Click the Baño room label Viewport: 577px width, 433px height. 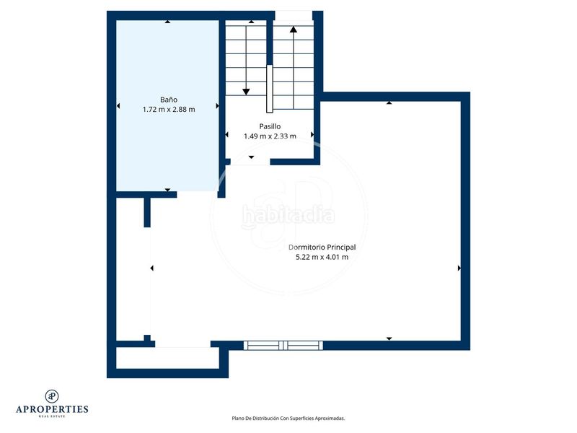click(x=169, y=99)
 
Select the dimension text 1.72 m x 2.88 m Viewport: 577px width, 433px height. click(x=169, y=109)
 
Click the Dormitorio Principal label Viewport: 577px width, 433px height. click(x=322, y=247)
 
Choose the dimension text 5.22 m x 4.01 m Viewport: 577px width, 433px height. click(x=322, y=257)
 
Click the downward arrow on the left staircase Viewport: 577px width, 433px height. click(x=246, y=91)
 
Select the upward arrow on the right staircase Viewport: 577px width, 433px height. click(x=294, y=30)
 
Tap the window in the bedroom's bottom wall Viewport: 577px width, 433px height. click(x=284, y=345)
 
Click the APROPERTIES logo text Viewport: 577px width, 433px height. click(x=52, y=408)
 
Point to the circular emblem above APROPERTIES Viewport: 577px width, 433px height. click(x=52, y=395)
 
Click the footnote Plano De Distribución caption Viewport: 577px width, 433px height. click(x=288, y=418)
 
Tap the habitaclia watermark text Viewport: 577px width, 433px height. click(x=288, y=214)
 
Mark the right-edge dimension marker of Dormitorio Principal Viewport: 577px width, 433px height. click(x=459, y=268)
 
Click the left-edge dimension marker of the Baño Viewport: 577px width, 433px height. click(x=118, y=107)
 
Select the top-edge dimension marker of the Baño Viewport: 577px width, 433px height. click(x=168, y=22)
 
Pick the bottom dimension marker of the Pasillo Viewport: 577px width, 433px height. click(x=251, y=157)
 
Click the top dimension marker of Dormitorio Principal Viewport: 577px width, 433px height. click(x=389, y=102)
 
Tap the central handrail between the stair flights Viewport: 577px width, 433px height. click(x=269, y=89)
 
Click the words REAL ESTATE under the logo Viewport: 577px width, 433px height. click(x=52, y=416)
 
